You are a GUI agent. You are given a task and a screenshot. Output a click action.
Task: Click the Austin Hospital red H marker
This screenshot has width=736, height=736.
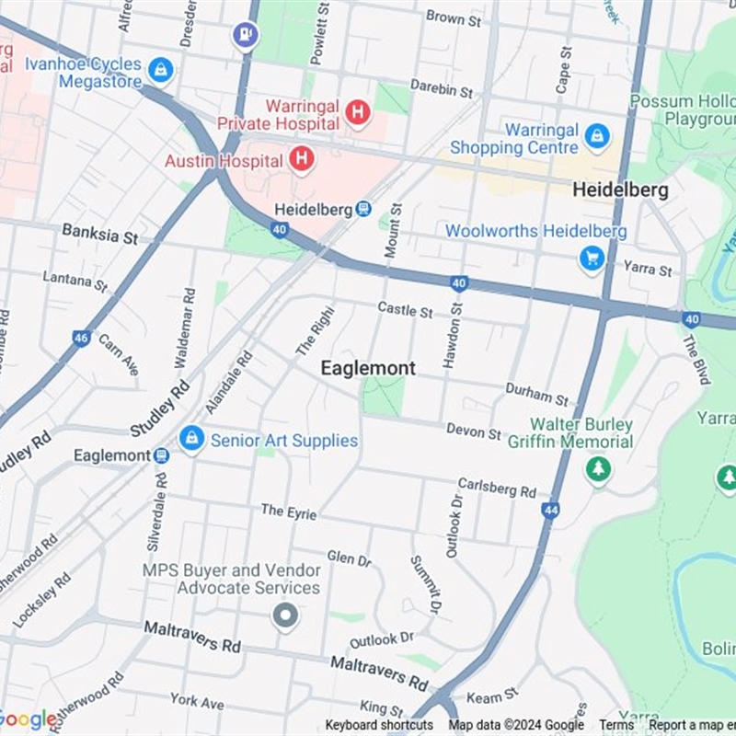[x=301, y=160]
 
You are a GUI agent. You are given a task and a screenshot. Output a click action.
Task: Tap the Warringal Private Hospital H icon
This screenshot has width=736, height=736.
[x=358, y=113]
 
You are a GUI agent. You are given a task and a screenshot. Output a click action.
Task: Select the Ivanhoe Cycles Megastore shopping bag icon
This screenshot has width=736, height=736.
[x=161, y=69]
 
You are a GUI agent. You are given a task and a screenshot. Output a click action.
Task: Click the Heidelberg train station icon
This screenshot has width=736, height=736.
[x=364, y=210]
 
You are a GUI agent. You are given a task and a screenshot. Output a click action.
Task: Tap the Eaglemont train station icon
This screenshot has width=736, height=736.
[x=162, y=455]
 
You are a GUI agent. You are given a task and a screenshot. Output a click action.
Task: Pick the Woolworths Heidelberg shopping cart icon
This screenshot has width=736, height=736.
[x=592, y=259]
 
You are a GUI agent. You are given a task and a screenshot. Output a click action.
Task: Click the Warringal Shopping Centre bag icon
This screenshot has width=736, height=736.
[x=597, y=137]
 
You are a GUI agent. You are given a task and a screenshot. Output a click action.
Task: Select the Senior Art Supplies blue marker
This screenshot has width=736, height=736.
[x=191, y=439]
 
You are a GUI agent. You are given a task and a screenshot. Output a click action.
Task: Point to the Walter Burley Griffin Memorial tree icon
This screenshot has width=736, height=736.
[x=598, y=470]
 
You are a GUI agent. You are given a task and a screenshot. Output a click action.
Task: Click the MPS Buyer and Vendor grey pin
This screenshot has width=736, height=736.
[x=285, y=615]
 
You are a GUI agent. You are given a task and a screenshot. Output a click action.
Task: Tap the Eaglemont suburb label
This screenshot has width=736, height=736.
[x=368, y=368]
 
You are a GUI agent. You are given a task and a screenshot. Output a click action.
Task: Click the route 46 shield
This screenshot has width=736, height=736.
[x=81, y=339]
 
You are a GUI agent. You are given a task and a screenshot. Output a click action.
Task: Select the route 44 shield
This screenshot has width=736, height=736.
[x=551, y=510]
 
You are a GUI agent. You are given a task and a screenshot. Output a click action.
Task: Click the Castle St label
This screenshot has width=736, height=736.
[x=405, y=312]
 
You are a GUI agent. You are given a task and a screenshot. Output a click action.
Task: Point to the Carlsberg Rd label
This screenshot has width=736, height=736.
[x=497, y=489]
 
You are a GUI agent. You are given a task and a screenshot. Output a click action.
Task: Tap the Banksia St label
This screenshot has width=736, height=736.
[x=99, y=234]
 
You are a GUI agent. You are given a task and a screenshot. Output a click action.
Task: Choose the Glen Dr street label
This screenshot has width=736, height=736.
[x=349, y=558]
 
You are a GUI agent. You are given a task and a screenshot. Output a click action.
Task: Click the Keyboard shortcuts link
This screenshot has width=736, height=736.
[x=379, y=725]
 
